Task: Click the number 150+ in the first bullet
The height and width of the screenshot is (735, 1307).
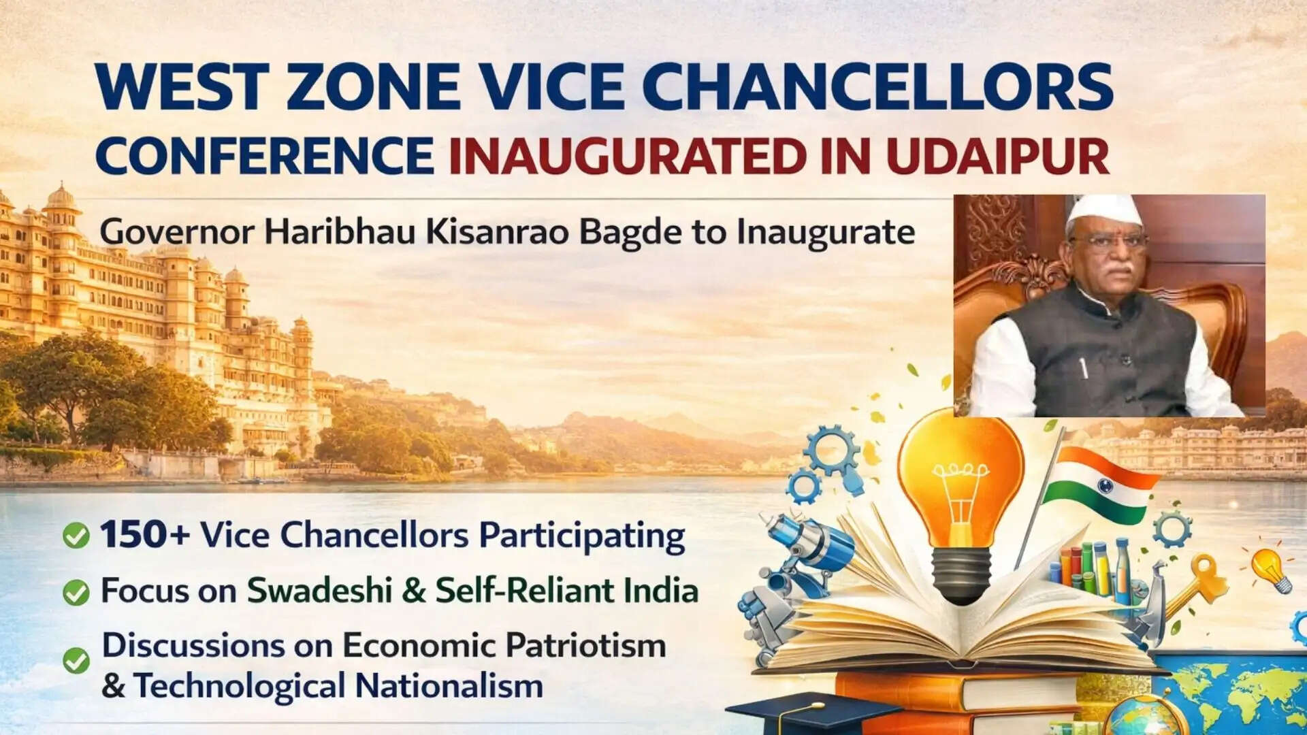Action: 145,534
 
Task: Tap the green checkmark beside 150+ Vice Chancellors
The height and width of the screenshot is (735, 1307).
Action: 76,536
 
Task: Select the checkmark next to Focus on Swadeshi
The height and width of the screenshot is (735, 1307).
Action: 76,592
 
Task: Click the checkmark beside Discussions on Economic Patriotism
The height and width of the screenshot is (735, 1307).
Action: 76,661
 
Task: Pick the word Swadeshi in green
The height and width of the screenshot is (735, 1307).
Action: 318,589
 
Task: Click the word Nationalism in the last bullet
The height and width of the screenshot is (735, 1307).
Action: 449,685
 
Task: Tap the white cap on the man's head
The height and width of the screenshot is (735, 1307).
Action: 1103,212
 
